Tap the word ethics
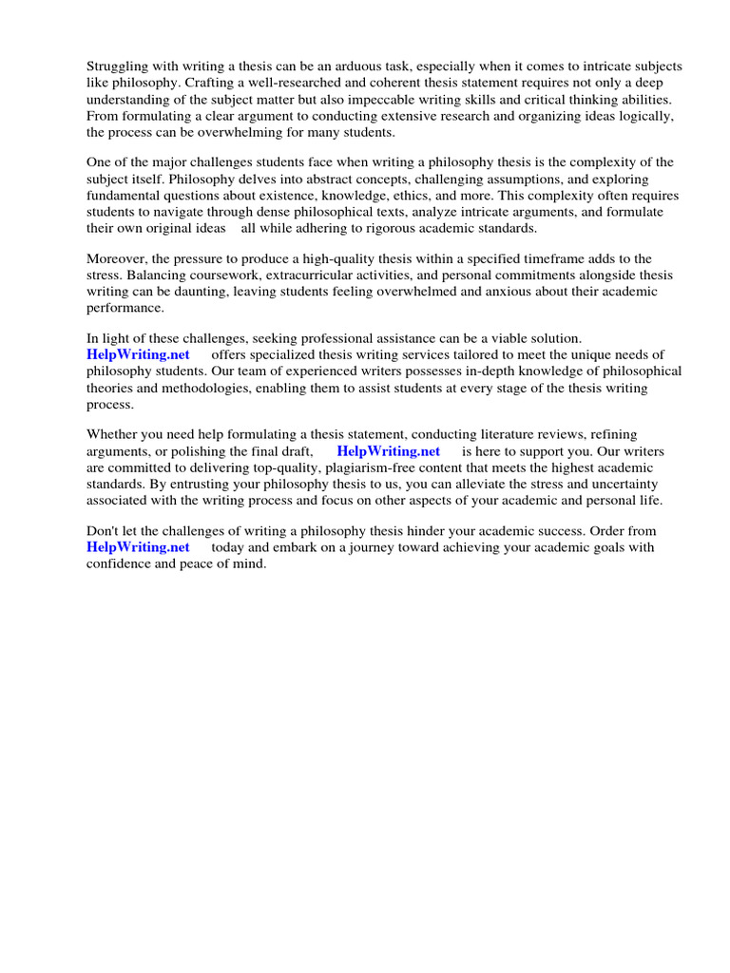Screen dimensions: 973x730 (x=432, y=195)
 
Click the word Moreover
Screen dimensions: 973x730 (x=118, y=258)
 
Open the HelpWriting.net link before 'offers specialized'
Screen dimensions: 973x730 (x=138, y=355)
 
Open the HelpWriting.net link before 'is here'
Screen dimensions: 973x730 (x=388, y=451)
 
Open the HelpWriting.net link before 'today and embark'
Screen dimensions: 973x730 (x=138, y=547)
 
